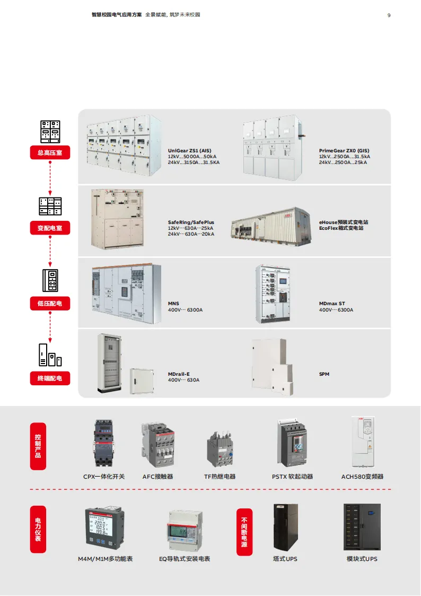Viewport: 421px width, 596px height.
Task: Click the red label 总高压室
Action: click(x=50, y=153)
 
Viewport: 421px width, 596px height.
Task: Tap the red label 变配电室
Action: click(x=50, y=228)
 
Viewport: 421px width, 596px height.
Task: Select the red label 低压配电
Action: click(x=50, y=304)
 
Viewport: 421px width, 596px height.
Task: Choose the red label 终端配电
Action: click(x=50, y=378)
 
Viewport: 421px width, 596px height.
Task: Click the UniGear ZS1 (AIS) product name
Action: click(x=189, y=151)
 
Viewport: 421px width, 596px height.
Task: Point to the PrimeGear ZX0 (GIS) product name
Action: click(x=344, y=151)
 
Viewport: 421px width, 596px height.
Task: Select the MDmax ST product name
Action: click(x=332, y=304)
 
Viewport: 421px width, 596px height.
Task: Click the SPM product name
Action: click(x=324, y=374)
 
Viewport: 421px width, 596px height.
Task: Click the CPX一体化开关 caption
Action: click(x=104, y=477)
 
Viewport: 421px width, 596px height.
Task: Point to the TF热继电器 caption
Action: click(x=220, y=477)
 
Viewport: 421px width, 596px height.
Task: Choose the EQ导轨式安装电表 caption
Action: click(x=185, y=559)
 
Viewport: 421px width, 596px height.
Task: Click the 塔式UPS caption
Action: click(x=285, y=559)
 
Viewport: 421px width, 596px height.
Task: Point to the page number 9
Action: click(x=389, y=15)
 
